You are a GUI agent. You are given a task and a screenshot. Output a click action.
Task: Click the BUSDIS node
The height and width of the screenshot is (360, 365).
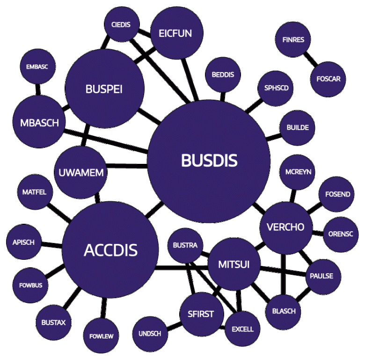(x=209, y=161)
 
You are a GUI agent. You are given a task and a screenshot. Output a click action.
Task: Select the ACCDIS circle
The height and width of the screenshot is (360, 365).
(x=110, y=250)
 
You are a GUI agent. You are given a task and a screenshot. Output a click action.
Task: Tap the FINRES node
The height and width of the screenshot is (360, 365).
(x=293, y=40)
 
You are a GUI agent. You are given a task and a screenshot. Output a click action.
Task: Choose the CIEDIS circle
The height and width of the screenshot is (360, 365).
(x=120, y=24)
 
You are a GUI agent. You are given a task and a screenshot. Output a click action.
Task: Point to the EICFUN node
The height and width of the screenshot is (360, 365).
(x=175, y=34)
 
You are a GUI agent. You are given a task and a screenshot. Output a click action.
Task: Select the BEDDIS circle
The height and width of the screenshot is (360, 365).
(x=223, y=75)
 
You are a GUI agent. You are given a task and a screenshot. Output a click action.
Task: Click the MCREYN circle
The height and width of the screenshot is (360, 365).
(x=298, y=172)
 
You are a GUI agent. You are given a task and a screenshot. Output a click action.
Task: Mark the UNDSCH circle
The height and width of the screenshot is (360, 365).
(x=150, y=334)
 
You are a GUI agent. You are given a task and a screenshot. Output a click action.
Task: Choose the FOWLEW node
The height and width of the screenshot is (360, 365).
(x=101, y=336)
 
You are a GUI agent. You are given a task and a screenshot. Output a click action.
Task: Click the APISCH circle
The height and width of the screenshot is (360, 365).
(x=24, y=242)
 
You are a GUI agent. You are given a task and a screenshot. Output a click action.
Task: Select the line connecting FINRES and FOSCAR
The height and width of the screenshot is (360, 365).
(x=309, y=59)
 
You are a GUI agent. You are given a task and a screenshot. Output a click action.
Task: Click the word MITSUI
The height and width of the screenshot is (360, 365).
(x=234, y=264)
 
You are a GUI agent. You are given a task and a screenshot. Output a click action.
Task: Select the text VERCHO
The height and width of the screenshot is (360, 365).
(x=285, y=227)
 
